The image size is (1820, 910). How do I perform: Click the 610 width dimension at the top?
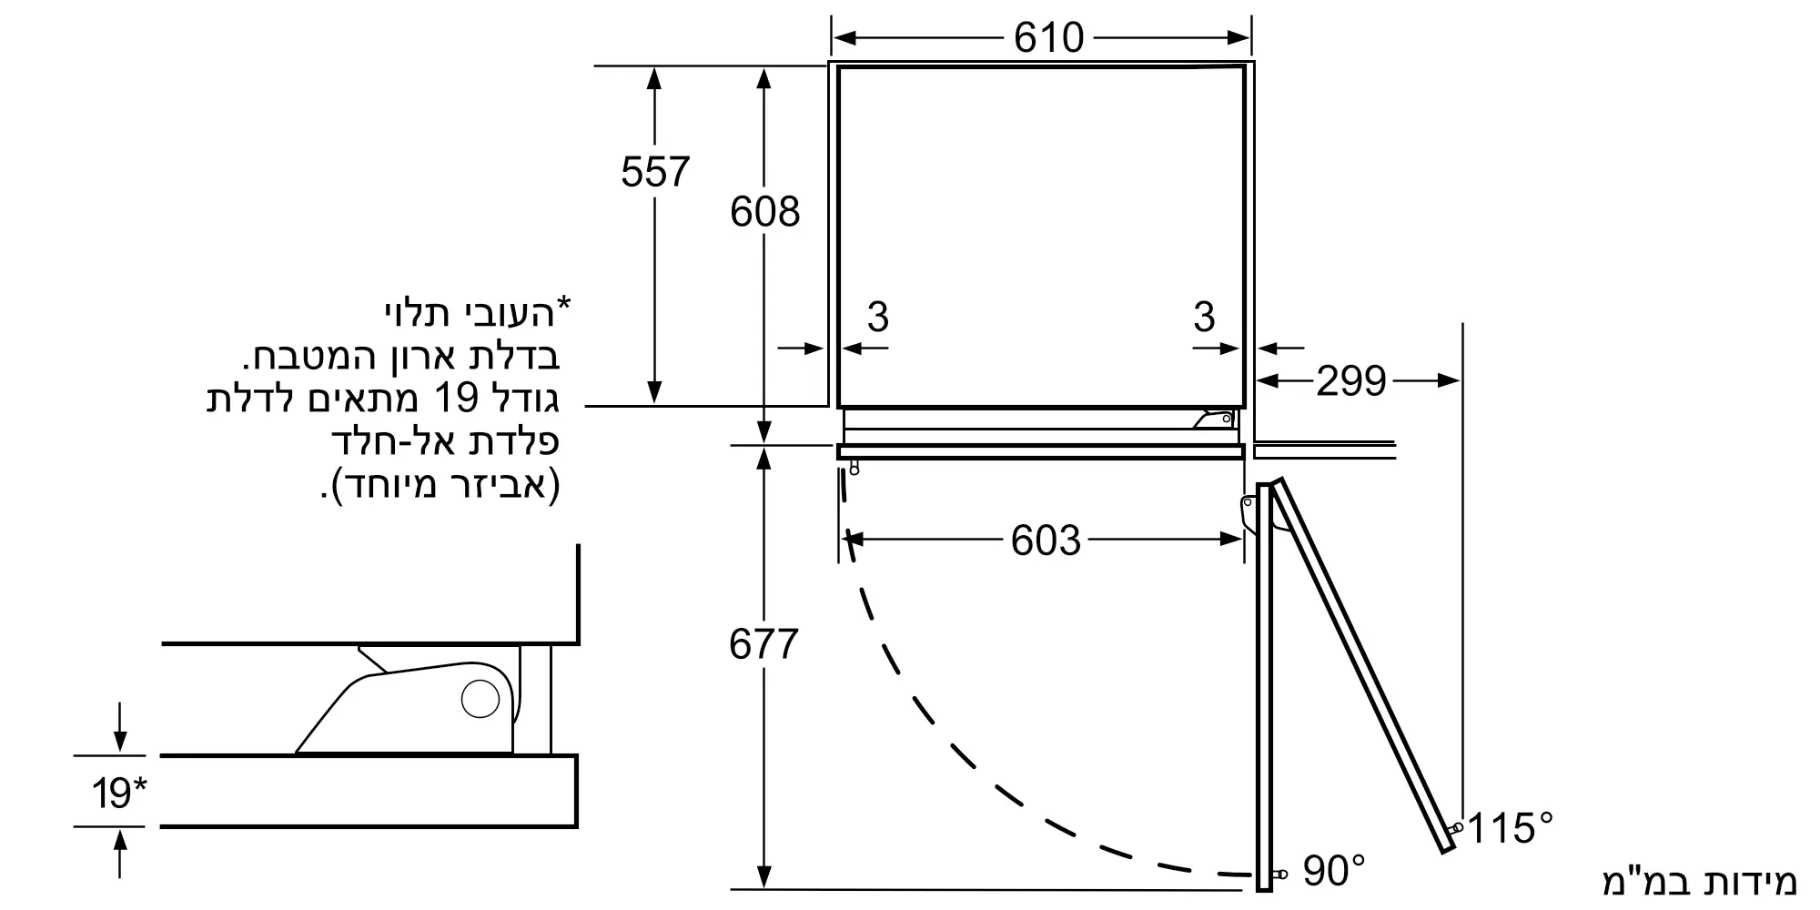click(1048, 37)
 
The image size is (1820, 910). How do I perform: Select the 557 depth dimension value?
click(655, 171)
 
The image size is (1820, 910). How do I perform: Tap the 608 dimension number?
click(764, 211)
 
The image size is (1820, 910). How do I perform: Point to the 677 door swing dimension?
click(763, 644)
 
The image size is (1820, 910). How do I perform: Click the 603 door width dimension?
click(1046, 541)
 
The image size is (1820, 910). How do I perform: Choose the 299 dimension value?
click(1351, 380)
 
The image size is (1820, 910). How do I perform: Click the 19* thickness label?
click(118, 793)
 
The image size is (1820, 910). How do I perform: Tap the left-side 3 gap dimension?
click(877, 317)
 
